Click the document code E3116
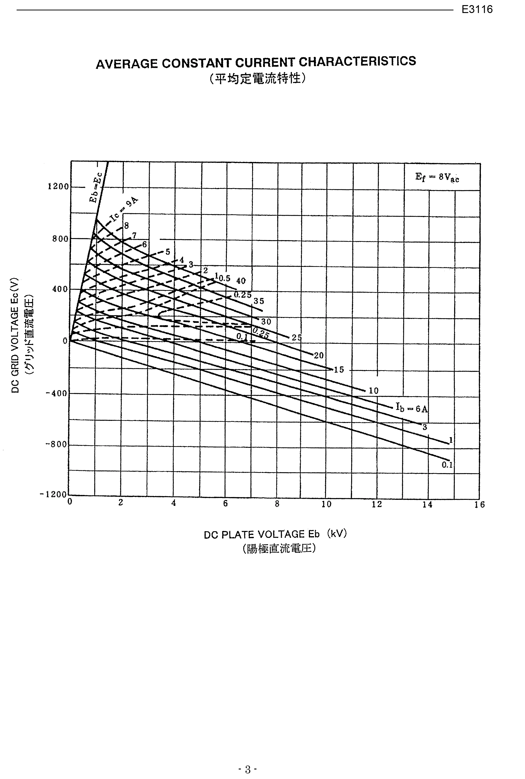477,9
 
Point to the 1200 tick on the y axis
58,186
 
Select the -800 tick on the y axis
57,445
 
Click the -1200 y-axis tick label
54,494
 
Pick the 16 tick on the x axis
479,505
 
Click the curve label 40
241,281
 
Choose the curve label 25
296,338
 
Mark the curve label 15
339,370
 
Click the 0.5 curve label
225,278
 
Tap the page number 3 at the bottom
248,760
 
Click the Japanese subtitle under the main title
257,79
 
